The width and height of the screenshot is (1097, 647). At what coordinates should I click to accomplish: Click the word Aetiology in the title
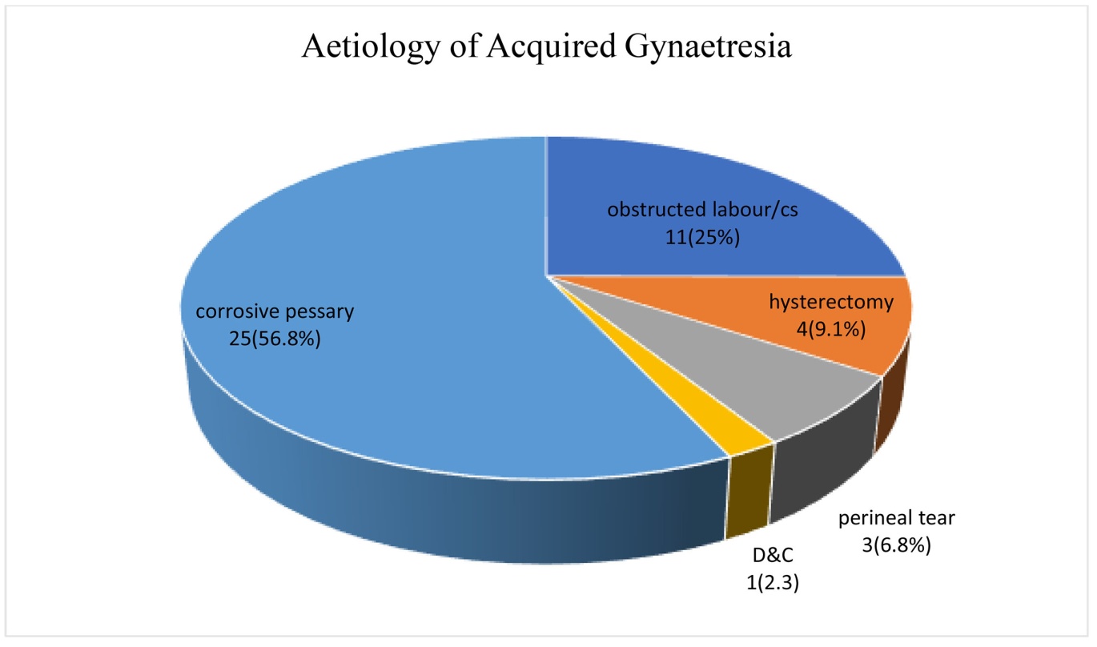(x=372, y=48)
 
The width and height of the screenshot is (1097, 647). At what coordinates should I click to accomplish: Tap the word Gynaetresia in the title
(x=708, y=48)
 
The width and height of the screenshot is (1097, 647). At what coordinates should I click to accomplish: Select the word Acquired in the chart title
(x=551, y=48)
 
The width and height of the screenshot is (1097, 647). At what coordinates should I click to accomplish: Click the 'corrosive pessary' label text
(x=274, y=311)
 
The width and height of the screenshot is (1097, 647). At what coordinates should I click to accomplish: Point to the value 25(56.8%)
(x=275, y=339)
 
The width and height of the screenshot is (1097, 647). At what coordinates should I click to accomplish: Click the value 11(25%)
(x=702, y=237)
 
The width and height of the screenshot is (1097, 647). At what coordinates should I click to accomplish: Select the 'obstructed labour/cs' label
(x=702, y=210)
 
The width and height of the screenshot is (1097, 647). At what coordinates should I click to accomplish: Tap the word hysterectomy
(x=831, y=302)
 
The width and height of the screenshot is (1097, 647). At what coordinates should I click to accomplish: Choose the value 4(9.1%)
(x=831, y=329)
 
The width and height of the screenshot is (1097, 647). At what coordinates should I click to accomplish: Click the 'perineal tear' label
(x=897, y=518)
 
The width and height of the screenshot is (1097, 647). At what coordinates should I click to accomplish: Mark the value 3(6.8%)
(x=897, y=545)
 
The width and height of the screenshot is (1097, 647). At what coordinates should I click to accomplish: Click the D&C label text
(x=773, y=556)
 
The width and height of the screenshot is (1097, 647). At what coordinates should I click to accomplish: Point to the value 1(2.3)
(x=773, y=583)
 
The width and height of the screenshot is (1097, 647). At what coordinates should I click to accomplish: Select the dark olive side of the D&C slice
(x=747, y=495)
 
